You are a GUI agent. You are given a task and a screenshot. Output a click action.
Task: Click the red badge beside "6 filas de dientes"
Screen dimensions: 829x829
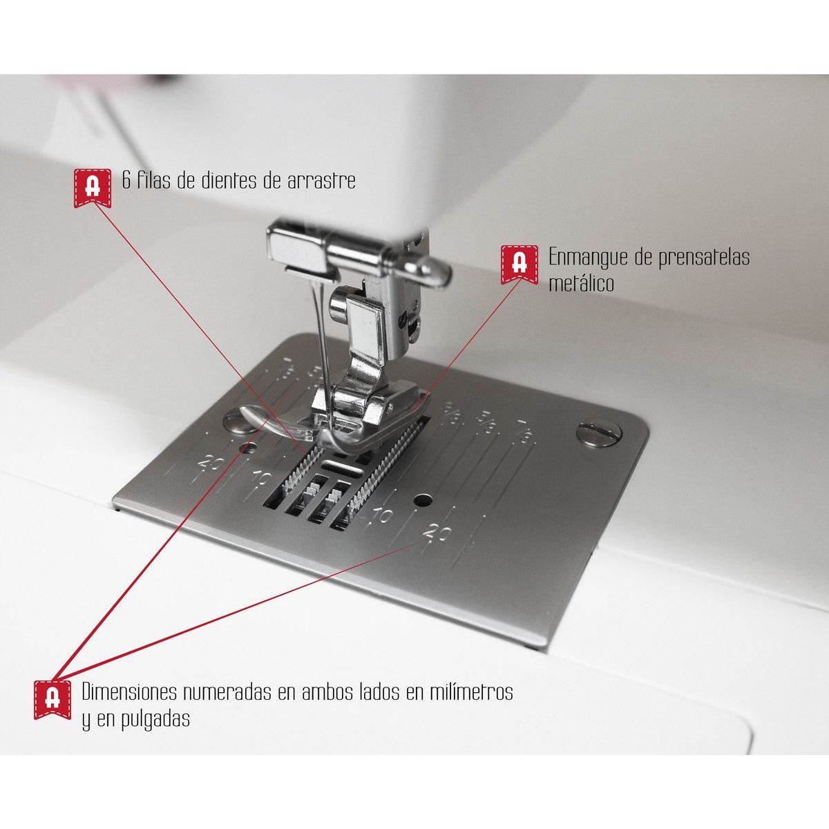pos(93,188)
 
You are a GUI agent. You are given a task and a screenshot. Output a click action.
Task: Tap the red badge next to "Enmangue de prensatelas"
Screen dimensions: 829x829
pos(520,265)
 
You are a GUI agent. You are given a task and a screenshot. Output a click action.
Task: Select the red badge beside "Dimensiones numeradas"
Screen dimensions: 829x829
pos(53,700)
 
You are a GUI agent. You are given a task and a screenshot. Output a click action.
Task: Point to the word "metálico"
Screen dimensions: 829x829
pos(581,283)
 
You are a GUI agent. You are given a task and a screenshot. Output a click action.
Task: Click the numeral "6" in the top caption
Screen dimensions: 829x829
pos(126,181)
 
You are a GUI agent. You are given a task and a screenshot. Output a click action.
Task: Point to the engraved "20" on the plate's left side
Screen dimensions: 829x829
pos(211,465)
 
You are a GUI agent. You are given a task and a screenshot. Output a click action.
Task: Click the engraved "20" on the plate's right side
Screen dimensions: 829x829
pos(437,533)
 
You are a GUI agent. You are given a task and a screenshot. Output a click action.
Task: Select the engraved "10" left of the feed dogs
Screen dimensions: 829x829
pos(262,478)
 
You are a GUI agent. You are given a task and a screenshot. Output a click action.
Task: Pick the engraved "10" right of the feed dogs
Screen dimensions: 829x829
pos(382,515)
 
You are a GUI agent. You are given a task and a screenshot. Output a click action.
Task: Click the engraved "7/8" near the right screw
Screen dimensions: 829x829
pos(524,432)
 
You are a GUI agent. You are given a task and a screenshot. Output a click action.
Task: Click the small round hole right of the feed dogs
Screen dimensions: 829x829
pos(423,500)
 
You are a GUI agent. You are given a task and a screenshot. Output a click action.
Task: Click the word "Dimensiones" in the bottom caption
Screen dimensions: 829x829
pos(129,692)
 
